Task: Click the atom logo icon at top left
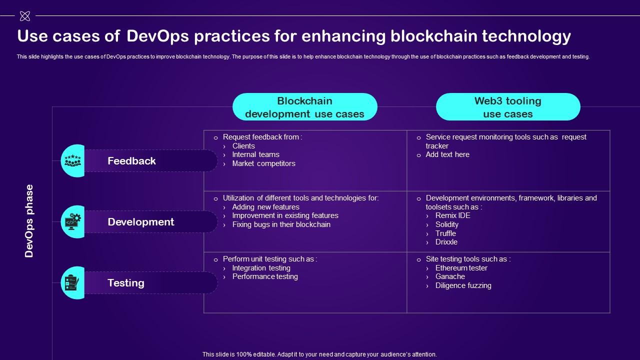pyautogui.click(x=24, y=16)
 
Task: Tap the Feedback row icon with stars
pyautogui.click(x=72, y=160)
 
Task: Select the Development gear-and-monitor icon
pyautogui.click(x=72, y=221)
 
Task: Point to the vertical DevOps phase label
pyautogui.click(x=29, y=221)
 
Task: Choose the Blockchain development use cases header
pyautogui.click(x=304, y=107)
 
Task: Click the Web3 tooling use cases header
pyautogui.click(x=507, y=107)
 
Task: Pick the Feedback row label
pyautogui.click(x=131, y=161)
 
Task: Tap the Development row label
pyautogui.click(x=140, y=222)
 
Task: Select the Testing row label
pyautogui.click(x=125, y=283)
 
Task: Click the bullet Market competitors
pyautogui.click(x=263, y=163)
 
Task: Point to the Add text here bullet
pyautogui.click(x=447, y=154)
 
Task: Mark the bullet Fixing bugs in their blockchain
pyautogui.click(x=281, y=224)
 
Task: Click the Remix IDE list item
pyautogui.click(x=452, y=215)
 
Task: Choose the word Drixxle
pyautogui.click(x=446, y=242)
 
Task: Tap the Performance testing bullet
pyautogui.click(x=265, y=276)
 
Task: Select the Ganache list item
pyautogui.click(x=450, y=276)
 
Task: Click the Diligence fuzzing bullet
pyautogui.click(x=463, y=285)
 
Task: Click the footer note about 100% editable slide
pyautogui.click(x=319, y=354)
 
